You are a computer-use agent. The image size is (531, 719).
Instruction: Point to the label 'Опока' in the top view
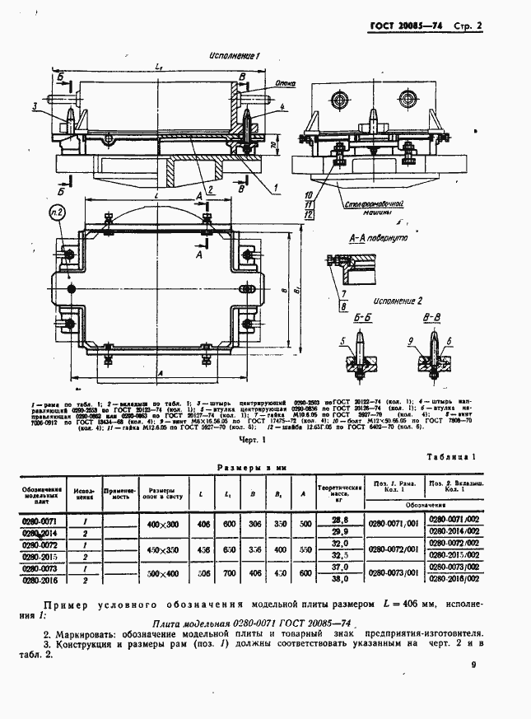[x=263, y=82]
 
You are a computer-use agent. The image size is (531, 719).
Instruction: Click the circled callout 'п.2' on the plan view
[x=57, y=215]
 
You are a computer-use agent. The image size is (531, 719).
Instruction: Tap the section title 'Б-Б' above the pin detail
[x=362, y=318]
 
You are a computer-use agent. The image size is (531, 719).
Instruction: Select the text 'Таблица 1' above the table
[x=450, y=456]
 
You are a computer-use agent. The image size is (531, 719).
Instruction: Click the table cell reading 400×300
[x=162, y=525]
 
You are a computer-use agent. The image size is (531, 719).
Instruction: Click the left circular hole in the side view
[x=339, y=100]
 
